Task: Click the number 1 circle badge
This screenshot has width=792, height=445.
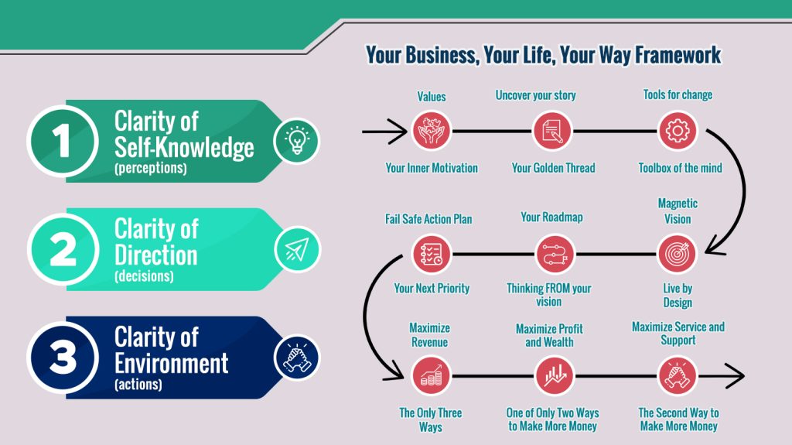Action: [63, 141]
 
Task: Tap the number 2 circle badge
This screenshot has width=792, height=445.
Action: [63, 249]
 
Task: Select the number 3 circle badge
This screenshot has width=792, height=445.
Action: [63, 358]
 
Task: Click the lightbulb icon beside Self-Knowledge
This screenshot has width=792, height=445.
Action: [296, 141]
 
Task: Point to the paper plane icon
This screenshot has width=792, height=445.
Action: [297, 249]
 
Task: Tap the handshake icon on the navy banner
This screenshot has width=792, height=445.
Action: [297, 358]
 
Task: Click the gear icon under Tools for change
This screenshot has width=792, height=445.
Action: [678, 131]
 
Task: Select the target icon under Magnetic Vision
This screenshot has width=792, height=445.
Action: [678, 254]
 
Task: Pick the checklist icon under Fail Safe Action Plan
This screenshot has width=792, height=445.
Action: [432, 254]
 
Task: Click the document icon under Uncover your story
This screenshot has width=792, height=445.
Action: [552, 131]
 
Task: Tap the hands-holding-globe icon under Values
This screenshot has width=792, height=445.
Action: [432, 131]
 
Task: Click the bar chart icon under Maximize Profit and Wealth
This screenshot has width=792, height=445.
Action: [554, 376]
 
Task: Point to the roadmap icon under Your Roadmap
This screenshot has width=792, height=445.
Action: [555, 254]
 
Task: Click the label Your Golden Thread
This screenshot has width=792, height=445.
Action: [553, 168]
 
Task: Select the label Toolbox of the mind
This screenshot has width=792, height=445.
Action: [680, 168]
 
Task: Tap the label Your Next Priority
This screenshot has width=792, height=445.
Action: [432, 288]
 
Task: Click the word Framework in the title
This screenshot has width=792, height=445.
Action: [678, 55]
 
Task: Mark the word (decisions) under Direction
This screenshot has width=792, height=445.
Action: [144, 276]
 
